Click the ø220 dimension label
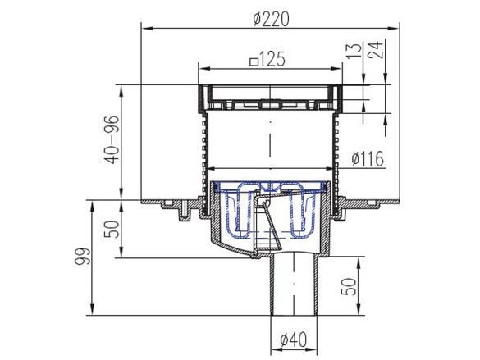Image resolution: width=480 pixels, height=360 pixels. point(271,19)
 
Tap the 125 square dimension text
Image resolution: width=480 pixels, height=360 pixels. point(267,59)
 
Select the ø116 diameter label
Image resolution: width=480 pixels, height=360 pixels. point(368,159)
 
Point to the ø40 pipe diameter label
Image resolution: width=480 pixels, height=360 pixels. point(293,339)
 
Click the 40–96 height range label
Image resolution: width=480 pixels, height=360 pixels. point(111,139)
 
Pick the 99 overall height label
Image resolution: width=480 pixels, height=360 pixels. point(82,257)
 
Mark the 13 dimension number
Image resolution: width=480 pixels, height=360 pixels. point(354,51)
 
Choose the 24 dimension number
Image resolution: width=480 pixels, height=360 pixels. point(375,50)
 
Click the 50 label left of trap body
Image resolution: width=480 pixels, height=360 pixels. point(112,229)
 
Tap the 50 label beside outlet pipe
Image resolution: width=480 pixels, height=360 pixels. point(349,286)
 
